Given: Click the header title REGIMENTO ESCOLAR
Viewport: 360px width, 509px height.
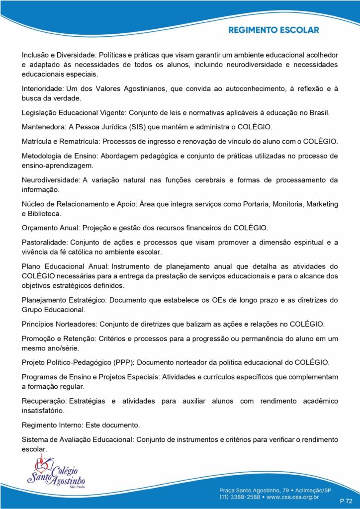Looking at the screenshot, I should pos(273,30).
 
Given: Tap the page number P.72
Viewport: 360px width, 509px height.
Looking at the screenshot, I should pos(346,500).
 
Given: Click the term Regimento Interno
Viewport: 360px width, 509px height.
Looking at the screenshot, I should pos(53,425).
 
